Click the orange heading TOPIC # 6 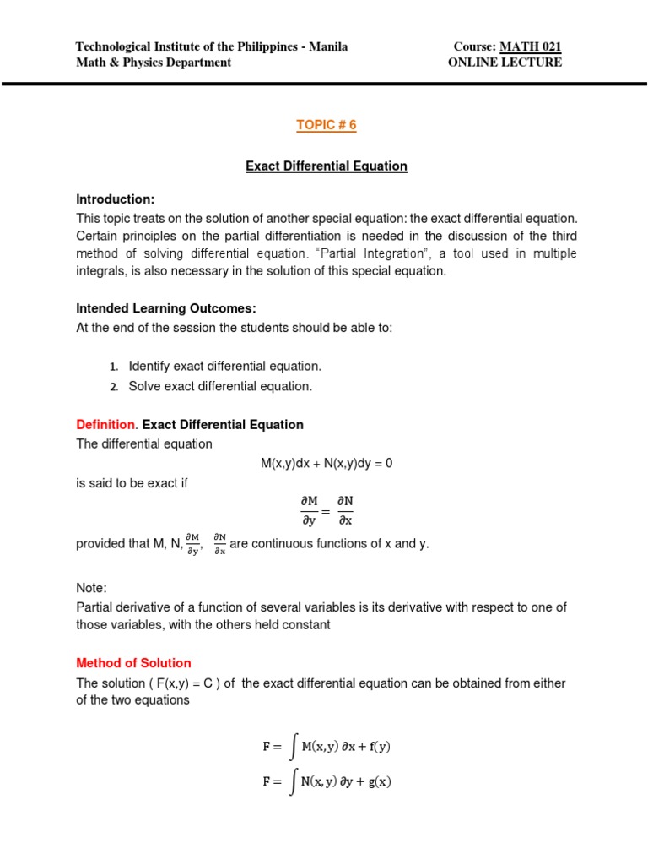click(326, 125)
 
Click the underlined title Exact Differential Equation click(326, 166)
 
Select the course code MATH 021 click(532, 47)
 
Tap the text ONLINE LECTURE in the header click(505, 63)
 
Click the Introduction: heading click(116, 199)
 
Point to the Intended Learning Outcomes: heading click(165, 308)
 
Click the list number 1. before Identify click(114, 367)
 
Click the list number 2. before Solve click(114, 387)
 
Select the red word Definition click(105, 424)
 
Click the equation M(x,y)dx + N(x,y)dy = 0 click(326, 463)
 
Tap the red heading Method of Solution click(133, 663)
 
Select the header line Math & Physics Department click(154, 63)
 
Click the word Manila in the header click(328, 47)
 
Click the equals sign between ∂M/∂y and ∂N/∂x click(326, 510)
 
